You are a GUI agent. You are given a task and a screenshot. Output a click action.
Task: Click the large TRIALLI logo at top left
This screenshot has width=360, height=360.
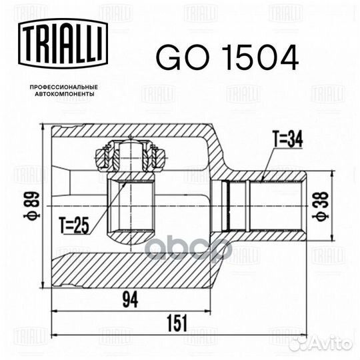click(x=63, y=43)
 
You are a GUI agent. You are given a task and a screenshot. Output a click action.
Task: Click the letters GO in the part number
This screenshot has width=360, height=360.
click(x=183, y=57)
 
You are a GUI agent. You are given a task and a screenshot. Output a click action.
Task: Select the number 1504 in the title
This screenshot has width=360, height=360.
click(x=261, y=57)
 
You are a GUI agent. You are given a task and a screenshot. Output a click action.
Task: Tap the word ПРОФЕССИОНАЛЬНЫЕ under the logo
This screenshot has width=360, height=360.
click(x=64, y=87)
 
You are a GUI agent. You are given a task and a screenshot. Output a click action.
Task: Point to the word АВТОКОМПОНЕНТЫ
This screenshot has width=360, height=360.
click(x=64, y=94)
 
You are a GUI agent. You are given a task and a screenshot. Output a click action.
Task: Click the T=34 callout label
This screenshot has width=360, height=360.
click(x=287, y=139)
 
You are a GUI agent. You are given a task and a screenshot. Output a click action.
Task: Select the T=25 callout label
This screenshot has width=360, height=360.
click(x=73, y=225)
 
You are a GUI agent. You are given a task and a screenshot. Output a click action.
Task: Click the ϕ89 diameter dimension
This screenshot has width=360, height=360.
click(x=32, y=205)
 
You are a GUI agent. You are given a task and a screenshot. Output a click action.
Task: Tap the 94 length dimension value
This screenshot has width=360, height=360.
click(x=131, y=300)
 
